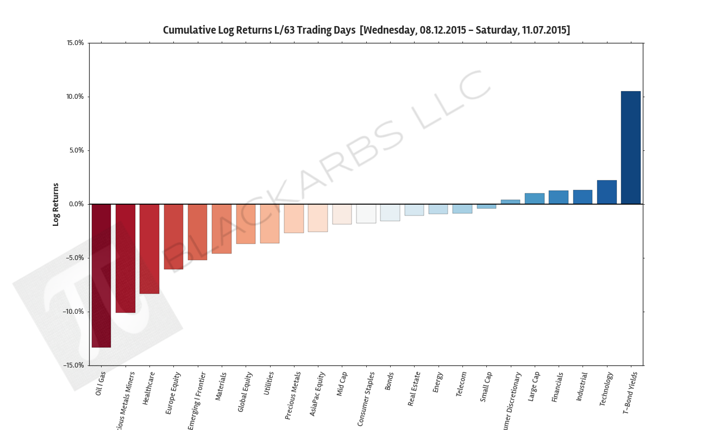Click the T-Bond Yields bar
coord(630,148)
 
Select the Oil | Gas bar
coord(101,275)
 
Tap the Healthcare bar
coord(149,249)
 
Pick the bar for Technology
coord(606,192)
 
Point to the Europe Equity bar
coord(173,237)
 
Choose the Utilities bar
coord(270,223)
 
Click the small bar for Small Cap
coord(486,206)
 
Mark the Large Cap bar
coord(534,199)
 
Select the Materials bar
coord(222,229)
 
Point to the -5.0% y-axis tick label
coord(74,258)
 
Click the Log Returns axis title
coord(55,204)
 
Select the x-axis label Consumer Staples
coord(366,399)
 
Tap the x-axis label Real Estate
coord(414,389)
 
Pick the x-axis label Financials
coord(558,387)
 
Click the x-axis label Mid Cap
coord(342,384)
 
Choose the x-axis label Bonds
coord(389,381)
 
